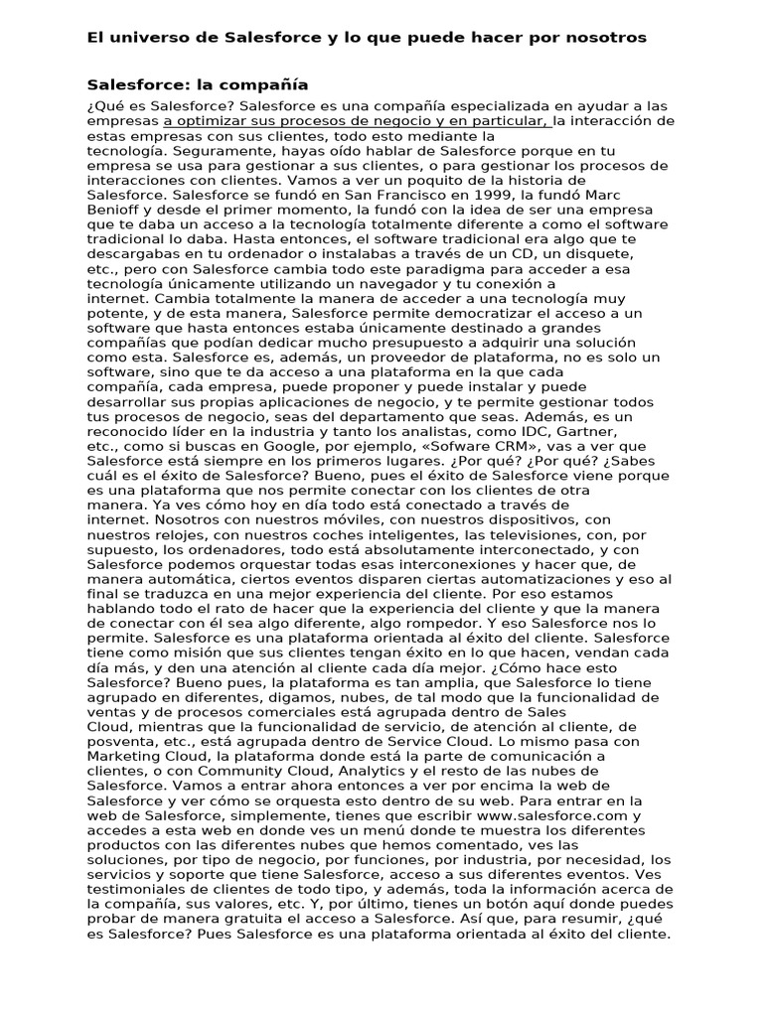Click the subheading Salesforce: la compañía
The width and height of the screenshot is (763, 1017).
(198, 85)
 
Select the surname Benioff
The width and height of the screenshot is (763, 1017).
(116, 211)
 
